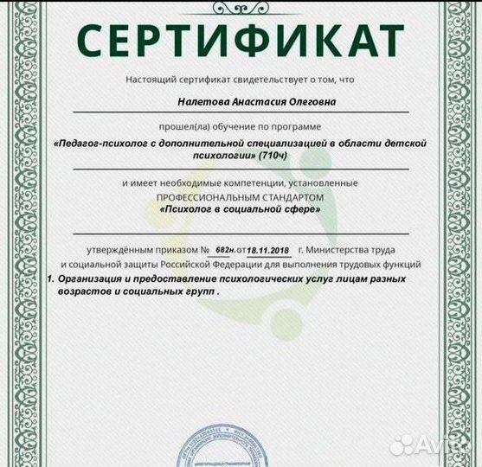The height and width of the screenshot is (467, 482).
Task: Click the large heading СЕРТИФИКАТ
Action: (241, 38)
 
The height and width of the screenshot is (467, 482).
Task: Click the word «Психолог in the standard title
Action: (190, 210)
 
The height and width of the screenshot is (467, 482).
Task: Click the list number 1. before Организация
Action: (51, 280)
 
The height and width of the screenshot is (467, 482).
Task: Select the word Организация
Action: (95, 280)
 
